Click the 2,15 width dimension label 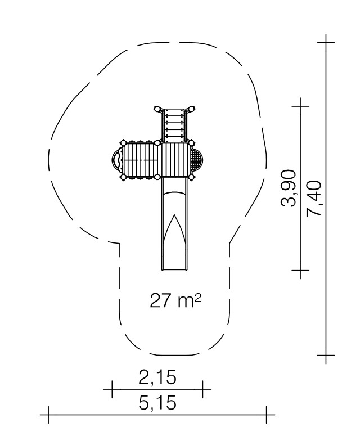tap(157, 377)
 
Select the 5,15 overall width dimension tap(157, 402)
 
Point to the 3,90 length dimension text tap(288, 188)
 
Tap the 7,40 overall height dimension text tap(313, 198)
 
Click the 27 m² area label tap(175, 300)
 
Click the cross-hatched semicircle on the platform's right tap(197, 160)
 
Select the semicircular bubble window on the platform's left tap(117, 160)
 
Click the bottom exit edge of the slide tap(174, 269)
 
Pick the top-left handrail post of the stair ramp tap(157, 109)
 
